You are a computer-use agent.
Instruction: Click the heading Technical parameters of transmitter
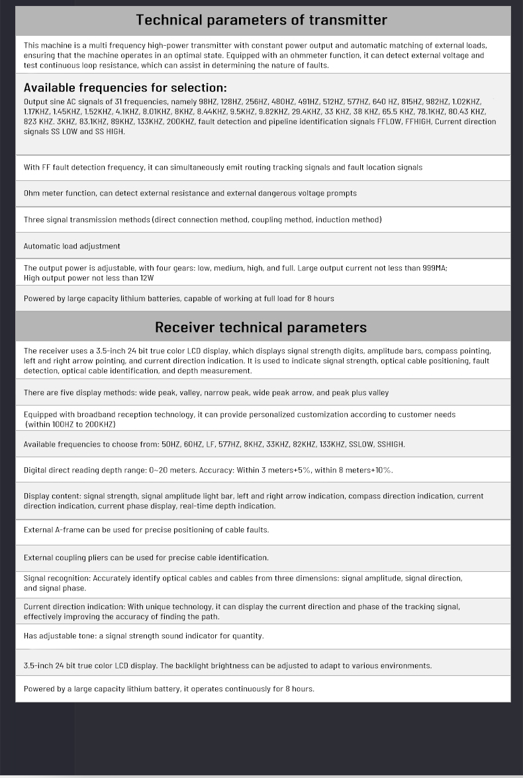(261, 20)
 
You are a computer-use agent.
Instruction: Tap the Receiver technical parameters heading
(261, 327)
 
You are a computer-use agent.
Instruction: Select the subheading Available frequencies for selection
(125, 87)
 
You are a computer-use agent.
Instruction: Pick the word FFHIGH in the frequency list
(418, 122)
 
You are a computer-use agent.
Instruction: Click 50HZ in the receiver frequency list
(171, 444)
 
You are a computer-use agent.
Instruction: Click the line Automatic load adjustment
(71, 246)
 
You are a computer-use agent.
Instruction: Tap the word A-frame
(70, 529)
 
